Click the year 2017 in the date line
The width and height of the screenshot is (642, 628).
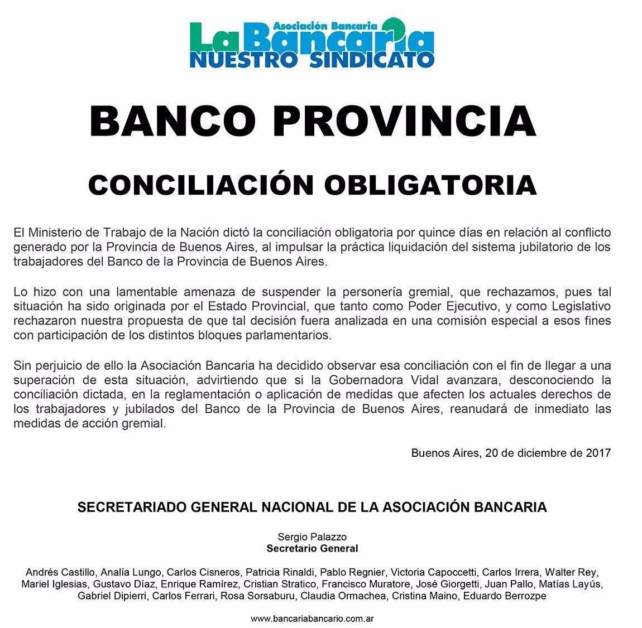(x=598, y=453)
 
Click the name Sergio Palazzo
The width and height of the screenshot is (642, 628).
(x=312, y=537)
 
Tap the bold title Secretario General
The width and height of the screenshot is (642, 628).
(x=312, y=548)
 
